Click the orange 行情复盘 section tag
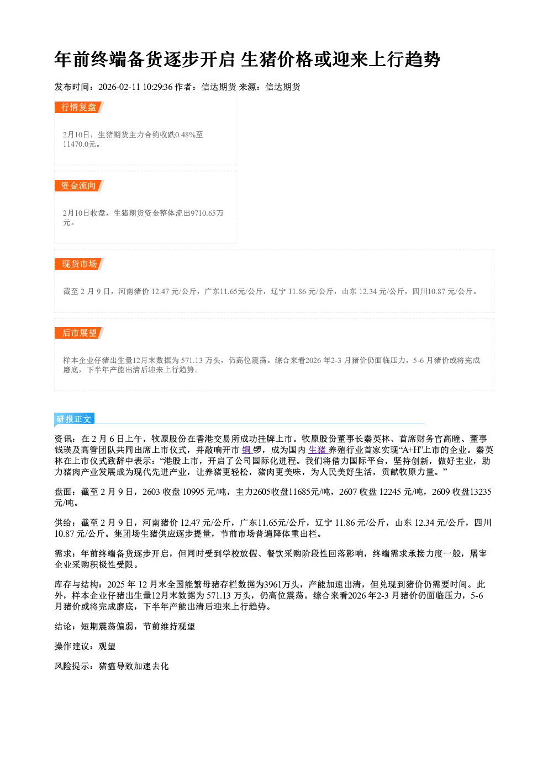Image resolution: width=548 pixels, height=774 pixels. pos(79,107)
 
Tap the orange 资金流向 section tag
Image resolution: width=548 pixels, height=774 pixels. pos(79,185)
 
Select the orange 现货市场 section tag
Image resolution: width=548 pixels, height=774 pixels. pos(79,264)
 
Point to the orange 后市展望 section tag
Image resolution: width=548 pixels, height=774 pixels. pos(79,333)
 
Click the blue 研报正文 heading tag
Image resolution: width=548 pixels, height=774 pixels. pos(74,419)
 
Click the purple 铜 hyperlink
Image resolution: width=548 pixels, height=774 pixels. pos(246,450)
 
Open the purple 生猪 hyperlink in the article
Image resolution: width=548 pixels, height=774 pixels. pos(317,450)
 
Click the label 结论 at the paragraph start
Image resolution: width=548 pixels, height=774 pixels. pos(64,627)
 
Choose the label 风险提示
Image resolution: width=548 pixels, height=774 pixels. pos(72,666)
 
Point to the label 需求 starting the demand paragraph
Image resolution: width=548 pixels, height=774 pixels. pos(64,553)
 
